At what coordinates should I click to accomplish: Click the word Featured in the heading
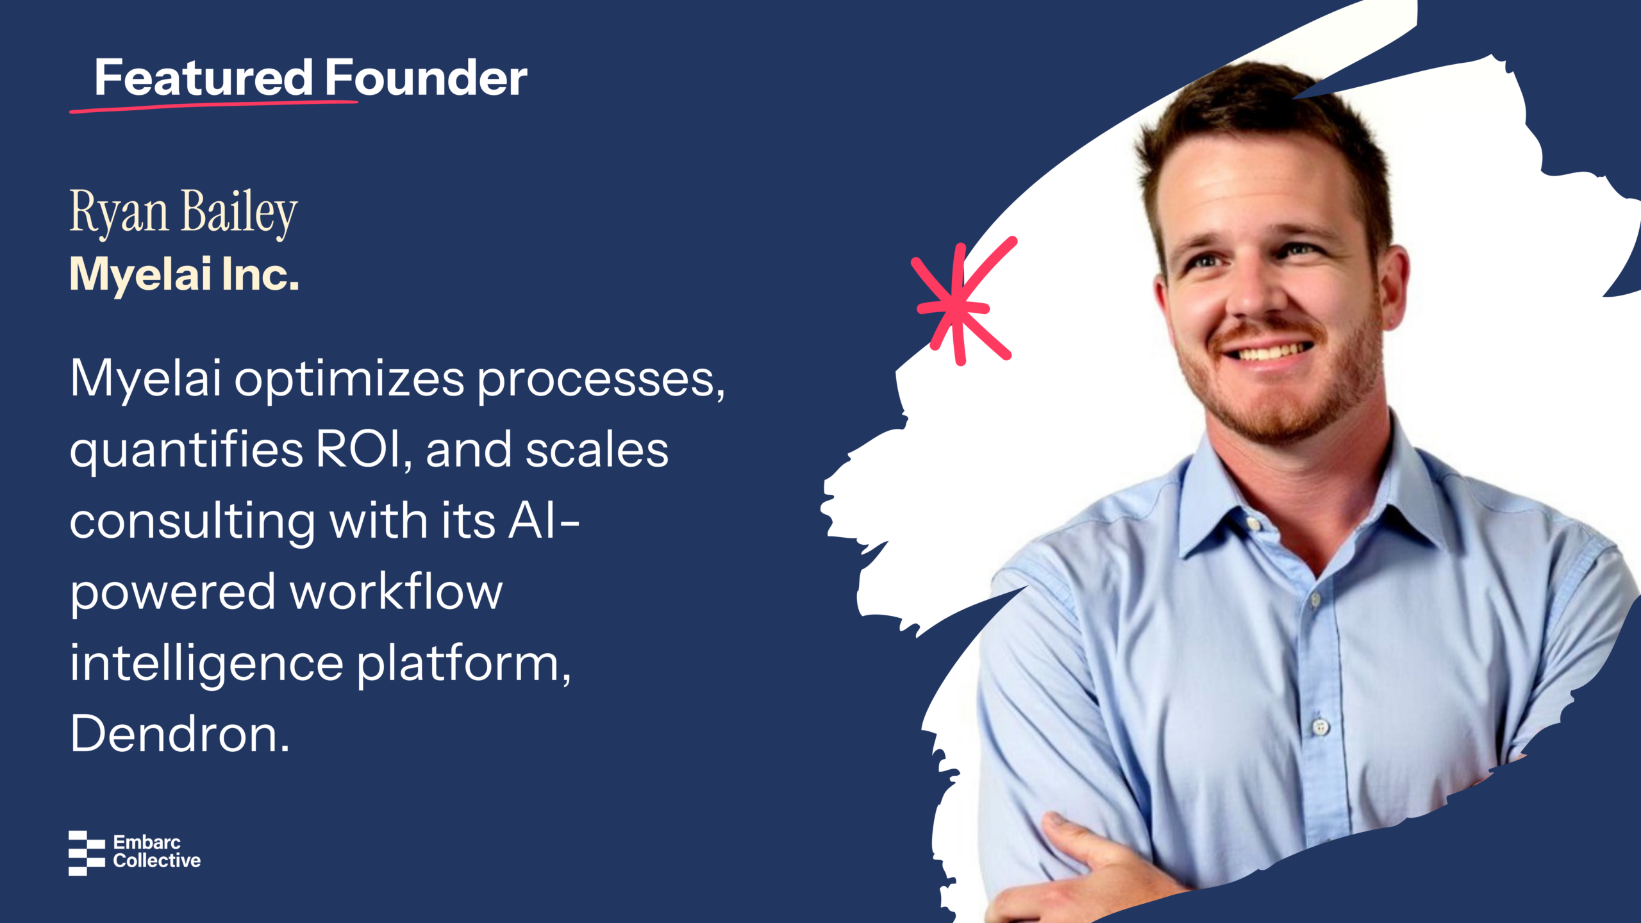pos(204,78)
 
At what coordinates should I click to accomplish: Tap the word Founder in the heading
pos(426,78)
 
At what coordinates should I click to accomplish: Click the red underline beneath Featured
pos(213,106)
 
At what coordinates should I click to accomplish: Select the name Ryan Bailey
pos(183,212)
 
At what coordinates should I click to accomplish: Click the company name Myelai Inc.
pos(185,274)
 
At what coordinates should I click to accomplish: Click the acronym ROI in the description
pos(360,450)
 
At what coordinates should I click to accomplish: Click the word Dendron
pos(179,734)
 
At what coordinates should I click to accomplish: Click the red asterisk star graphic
pos(963,302)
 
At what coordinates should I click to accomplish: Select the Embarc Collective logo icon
pos(87,853)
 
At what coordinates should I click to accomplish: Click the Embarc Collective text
pos(157,852)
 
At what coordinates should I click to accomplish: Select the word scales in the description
pos(597,450)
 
